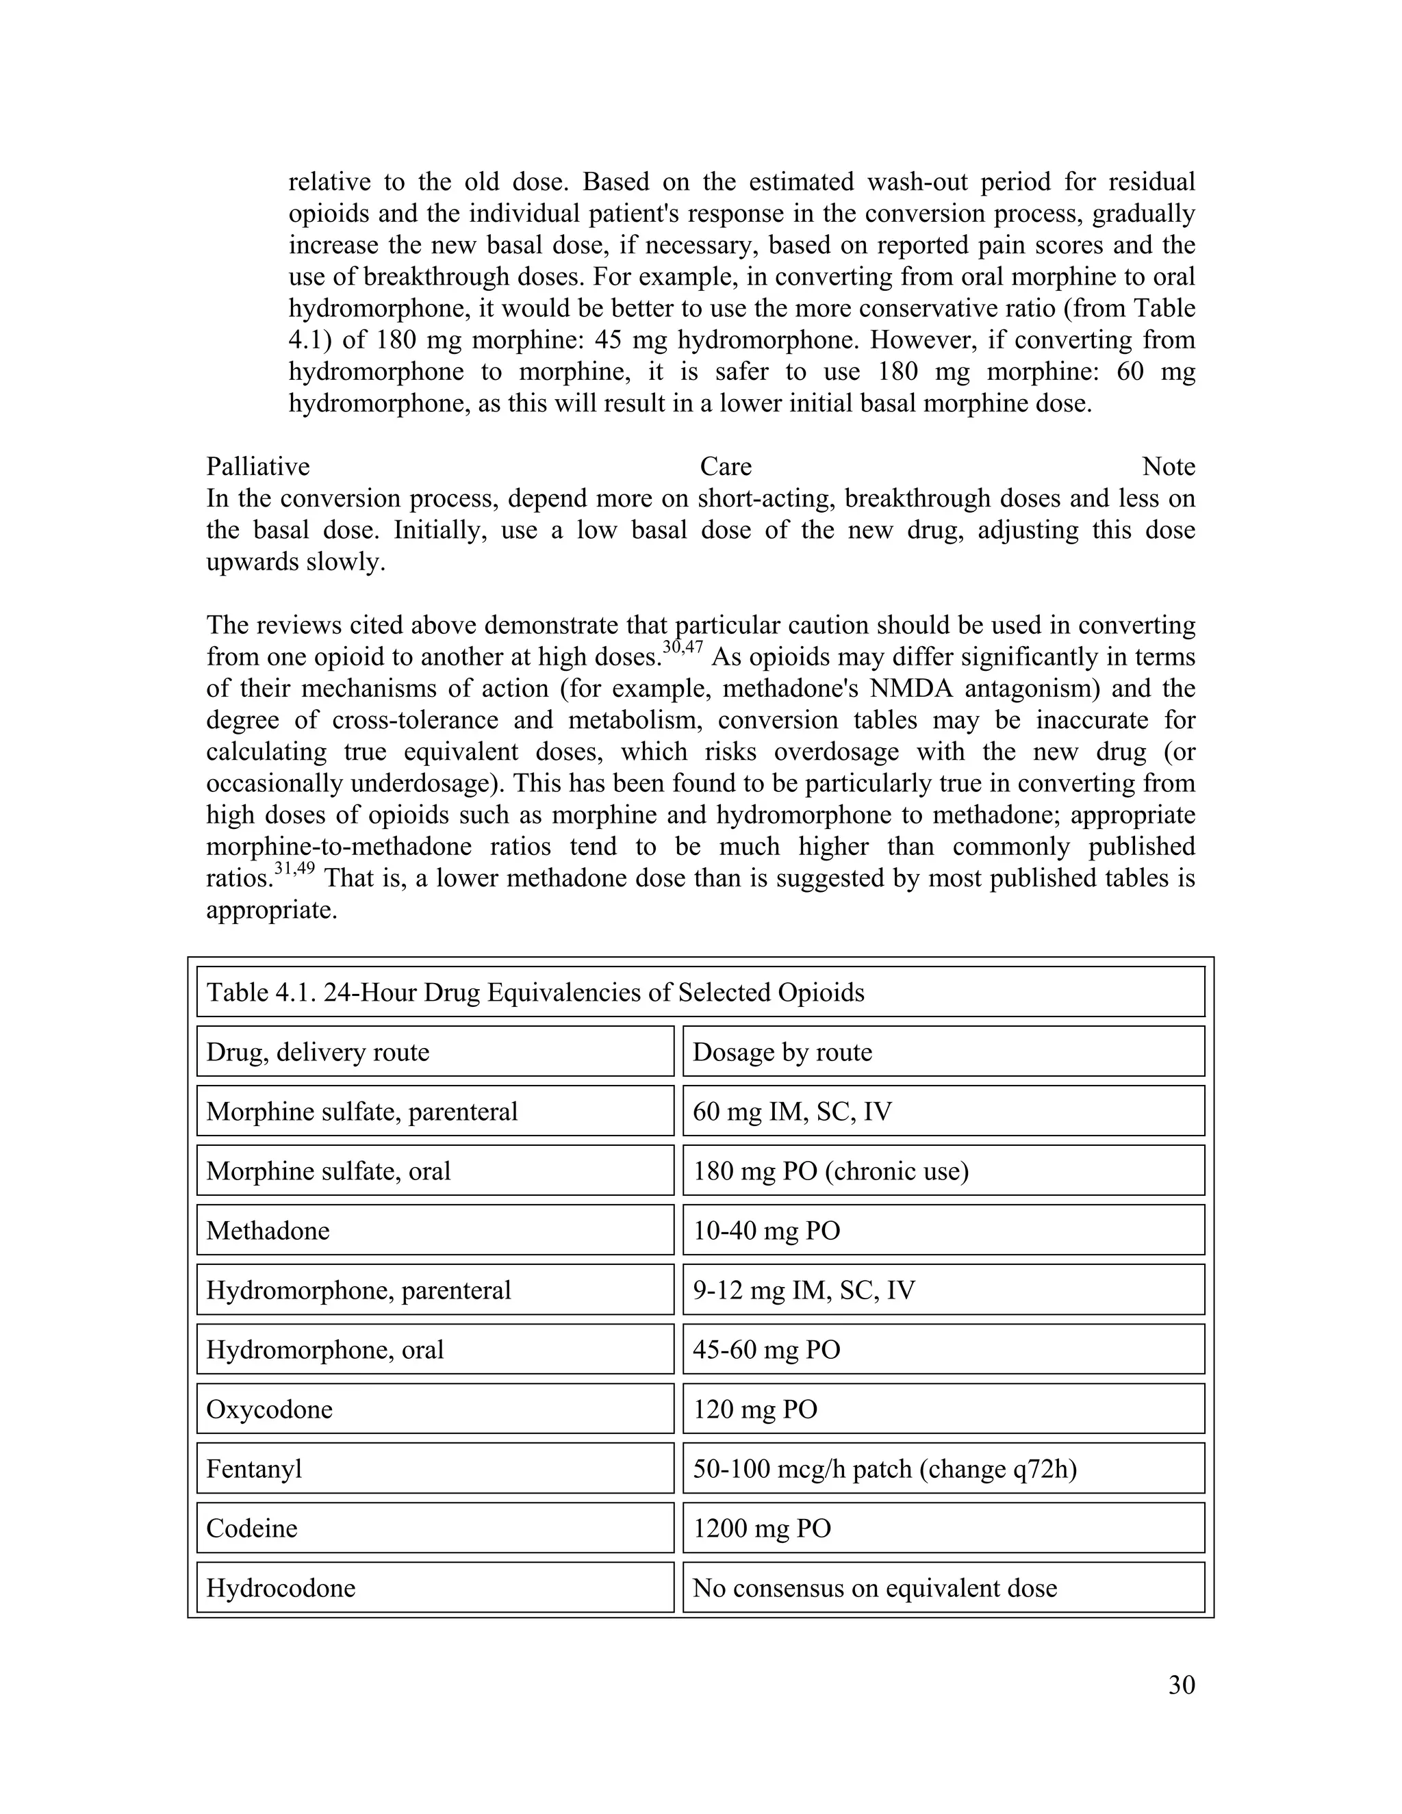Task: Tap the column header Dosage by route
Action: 782,1051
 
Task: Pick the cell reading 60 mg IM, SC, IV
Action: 791,1111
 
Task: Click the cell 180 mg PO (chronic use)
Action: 830,1171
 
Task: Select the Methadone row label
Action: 268,1230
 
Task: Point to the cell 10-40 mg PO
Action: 766,1230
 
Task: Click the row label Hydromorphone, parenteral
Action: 358,1290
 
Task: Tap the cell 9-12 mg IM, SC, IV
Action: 803,1290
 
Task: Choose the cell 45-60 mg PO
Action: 766,1350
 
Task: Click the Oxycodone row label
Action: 269,1409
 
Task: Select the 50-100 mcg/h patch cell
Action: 884,1469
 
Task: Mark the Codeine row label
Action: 252,1529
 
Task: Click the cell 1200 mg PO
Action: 762,1529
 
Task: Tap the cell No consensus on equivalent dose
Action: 875,1588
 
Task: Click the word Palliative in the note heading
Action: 257,467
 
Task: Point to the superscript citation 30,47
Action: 683,648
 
